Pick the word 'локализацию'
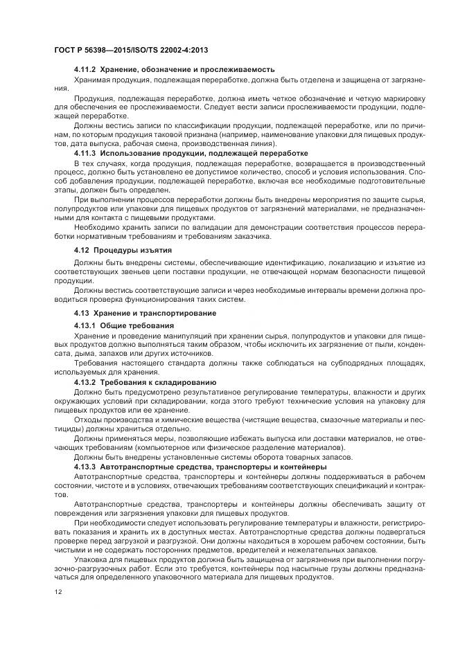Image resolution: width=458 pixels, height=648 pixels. pyautogui.click(x=350, y=263)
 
